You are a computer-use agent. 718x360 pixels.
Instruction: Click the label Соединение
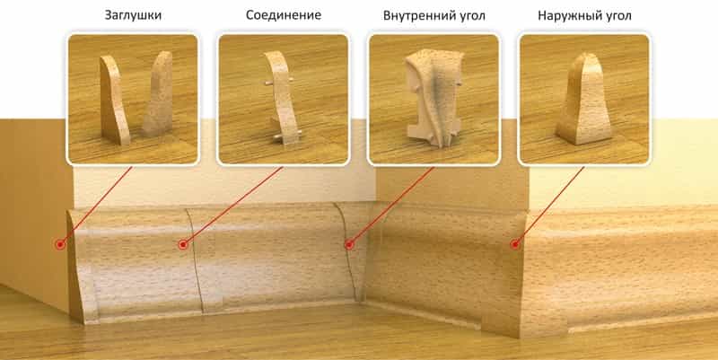pos(283,16)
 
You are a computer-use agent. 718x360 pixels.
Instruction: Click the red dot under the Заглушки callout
pos(60,244)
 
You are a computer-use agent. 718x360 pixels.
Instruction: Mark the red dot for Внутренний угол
pos(347,243)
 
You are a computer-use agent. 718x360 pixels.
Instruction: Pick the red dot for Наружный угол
pos(514,243)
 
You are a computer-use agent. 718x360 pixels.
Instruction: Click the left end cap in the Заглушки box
pos(113,99)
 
